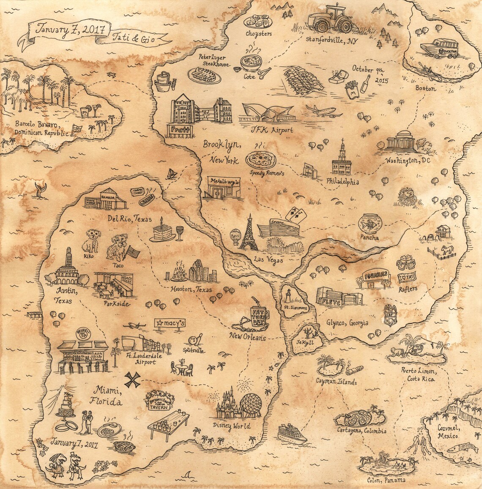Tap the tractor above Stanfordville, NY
click(330, 19)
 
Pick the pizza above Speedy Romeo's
click(261, 160)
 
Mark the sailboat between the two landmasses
click(172, 173)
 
